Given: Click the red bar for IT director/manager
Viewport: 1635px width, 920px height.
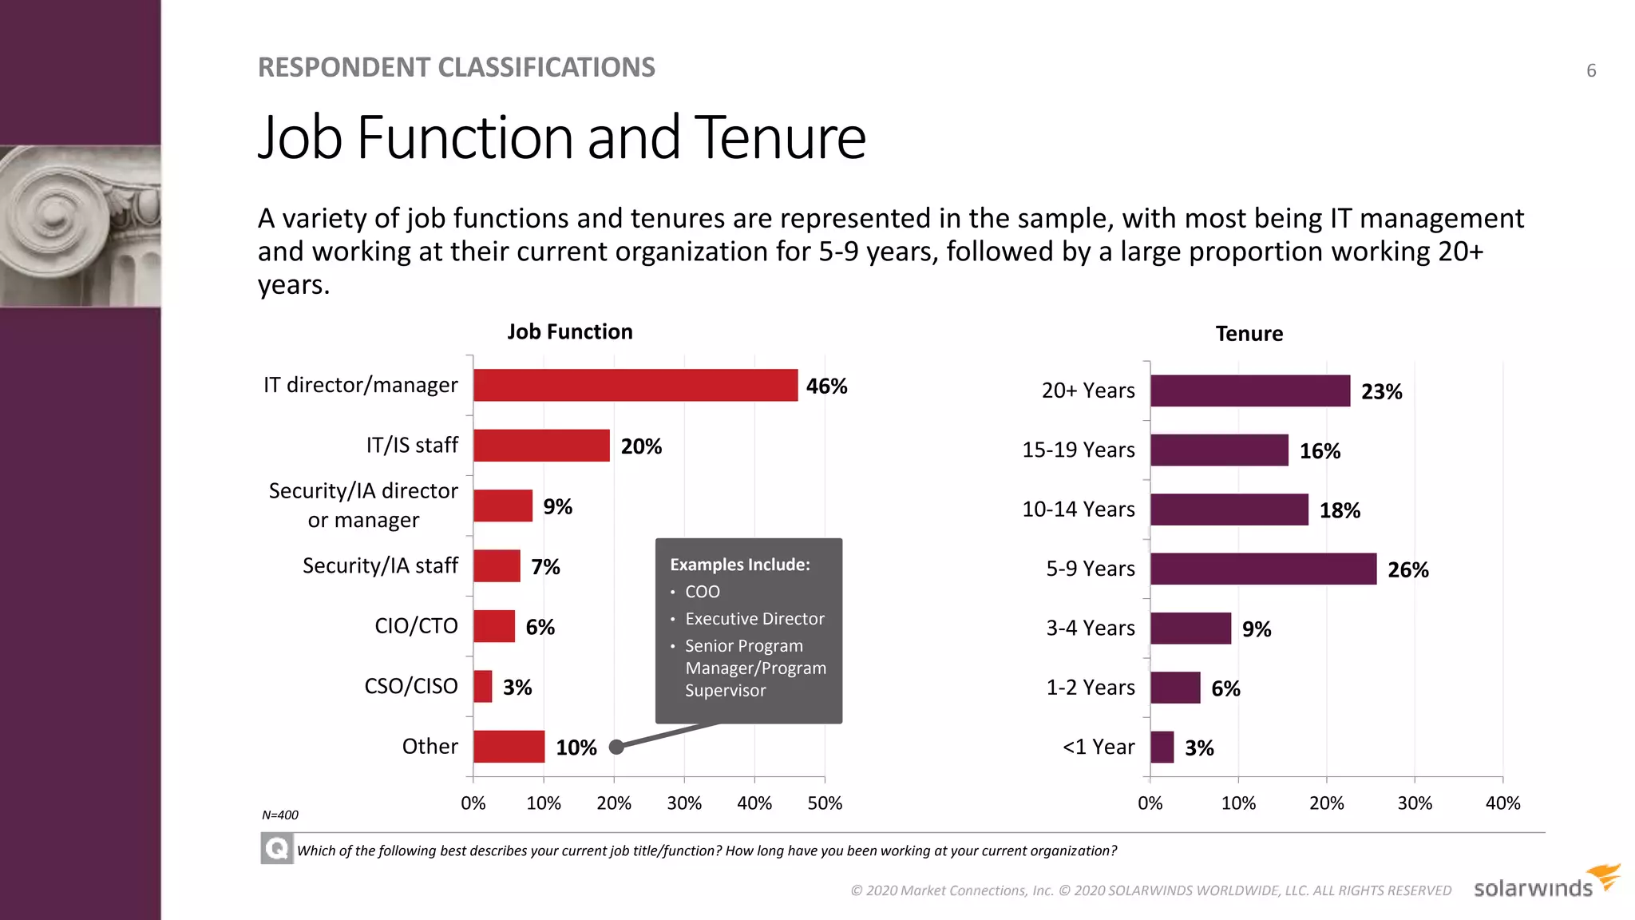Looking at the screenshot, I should pos(635,385).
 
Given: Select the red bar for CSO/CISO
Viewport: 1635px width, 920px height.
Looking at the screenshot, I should pos(482,686).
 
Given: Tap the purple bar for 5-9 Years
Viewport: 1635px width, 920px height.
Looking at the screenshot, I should pos(1263,569).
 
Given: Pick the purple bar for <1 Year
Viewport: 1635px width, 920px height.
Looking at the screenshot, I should pos(1162,747).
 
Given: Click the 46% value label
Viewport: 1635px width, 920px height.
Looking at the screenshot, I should pos(826,387).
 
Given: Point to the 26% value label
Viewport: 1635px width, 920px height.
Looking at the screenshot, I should pos(1407,570).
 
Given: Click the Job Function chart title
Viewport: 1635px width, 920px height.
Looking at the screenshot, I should pos(569,331).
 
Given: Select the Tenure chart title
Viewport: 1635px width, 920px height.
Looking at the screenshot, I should pos(1249,334).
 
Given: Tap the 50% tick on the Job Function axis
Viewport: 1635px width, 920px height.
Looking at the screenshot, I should pos(824,803).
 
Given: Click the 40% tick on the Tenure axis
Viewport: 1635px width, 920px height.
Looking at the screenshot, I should pos(1502,803).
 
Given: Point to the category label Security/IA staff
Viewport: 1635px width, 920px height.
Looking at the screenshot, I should pos(380,565).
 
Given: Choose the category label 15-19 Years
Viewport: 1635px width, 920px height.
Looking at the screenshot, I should pos(1078,450).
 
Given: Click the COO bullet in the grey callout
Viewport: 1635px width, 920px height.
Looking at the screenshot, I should pos(702,592).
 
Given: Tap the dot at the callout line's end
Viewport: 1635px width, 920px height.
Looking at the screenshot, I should pos(616,747).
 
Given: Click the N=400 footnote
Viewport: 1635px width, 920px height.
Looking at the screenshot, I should pos(279,815).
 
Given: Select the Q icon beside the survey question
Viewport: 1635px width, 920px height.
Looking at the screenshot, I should pos(276,848).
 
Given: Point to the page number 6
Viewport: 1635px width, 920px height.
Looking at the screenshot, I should pos(1590,70).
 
